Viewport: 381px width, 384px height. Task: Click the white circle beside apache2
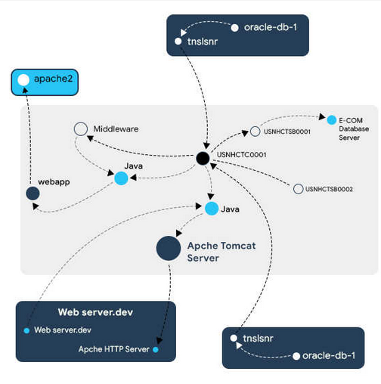23,80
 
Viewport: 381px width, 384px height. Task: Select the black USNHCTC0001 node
203,158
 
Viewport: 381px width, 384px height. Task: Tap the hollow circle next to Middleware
81,129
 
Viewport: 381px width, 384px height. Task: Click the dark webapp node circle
33,194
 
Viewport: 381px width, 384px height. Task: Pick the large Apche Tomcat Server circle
169,248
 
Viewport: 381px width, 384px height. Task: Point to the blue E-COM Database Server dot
332,120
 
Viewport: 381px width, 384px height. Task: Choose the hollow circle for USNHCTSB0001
255,132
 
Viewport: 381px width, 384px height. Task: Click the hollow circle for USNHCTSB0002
298,189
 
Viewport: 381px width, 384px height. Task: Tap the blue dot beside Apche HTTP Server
156,349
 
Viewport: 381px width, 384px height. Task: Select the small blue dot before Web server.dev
26,330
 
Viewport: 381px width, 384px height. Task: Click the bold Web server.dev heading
95,312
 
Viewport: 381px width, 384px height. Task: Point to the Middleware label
116,129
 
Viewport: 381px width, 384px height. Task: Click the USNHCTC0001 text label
242,154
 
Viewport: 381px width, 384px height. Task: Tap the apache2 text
54,79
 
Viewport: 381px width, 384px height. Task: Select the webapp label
54,182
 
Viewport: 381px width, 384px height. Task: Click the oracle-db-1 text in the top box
271,27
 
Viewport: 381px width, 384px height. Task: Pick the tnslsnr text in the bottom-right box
258,339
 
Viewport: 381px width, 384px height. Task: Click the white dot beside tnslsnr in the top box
178,42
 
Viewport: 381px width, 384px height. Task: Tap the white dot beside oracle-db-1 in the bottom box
296,356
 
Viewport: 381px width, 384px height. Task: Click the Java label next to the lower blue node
230,209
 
